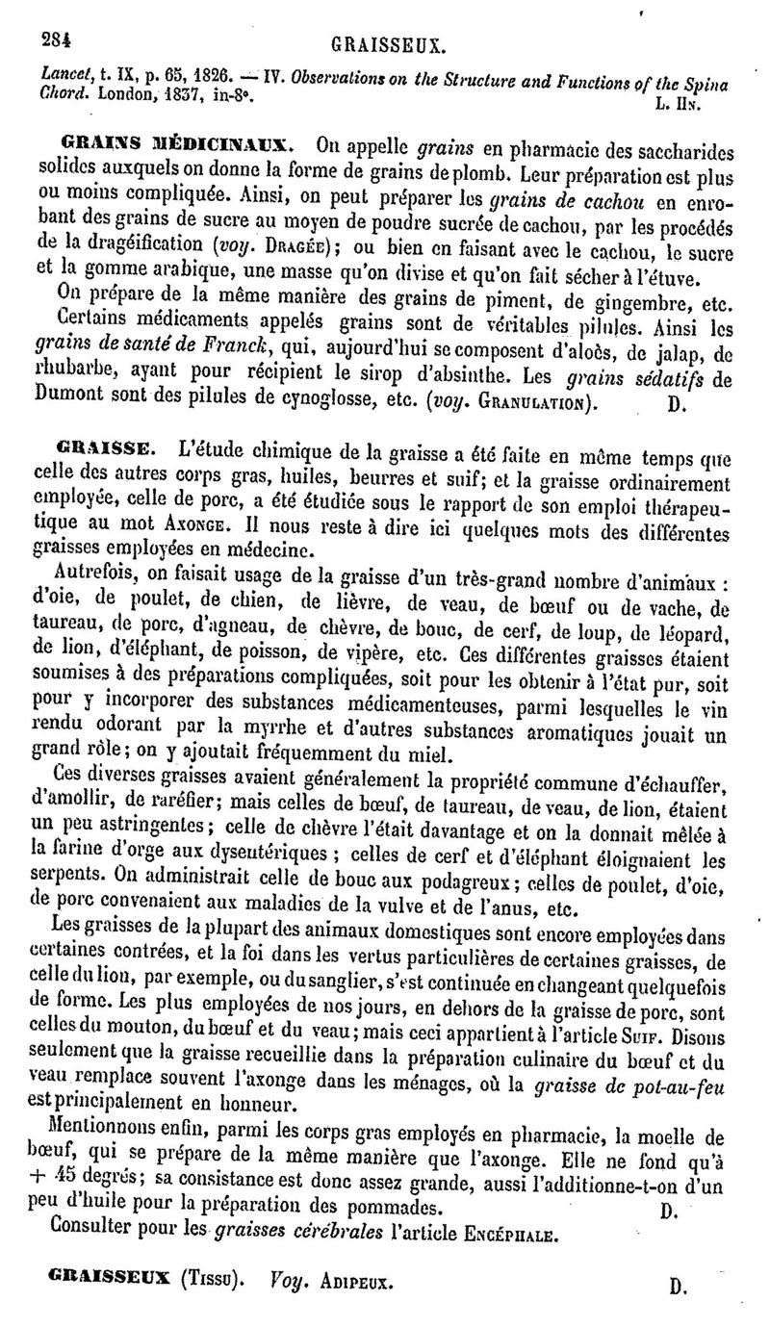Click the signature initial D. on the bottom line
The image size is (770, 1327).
[678, 1286]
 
